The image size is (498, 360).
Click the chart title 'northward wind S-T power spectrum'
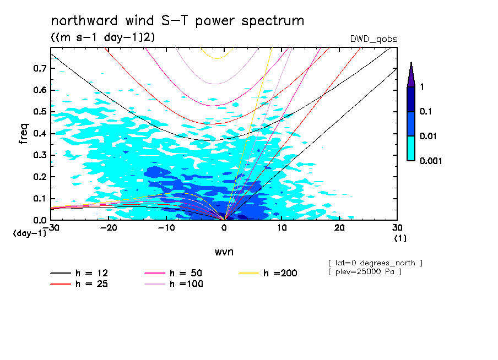click(177, 21)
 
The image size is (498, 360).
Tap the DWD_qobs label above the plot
click(373, 39)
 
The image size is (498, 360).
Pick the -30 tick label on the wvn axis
click(51, 227)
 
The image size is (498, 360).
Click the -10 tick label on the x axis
click(166, 227)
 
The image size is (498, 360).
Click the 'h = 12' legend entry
click(80, 274)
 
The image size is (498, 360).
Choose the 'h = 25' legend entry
click(80, 284)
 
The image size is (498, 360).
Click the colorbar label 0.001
click(431, 161)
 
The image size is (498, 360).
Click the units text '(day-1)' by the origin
click(29, 233)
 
